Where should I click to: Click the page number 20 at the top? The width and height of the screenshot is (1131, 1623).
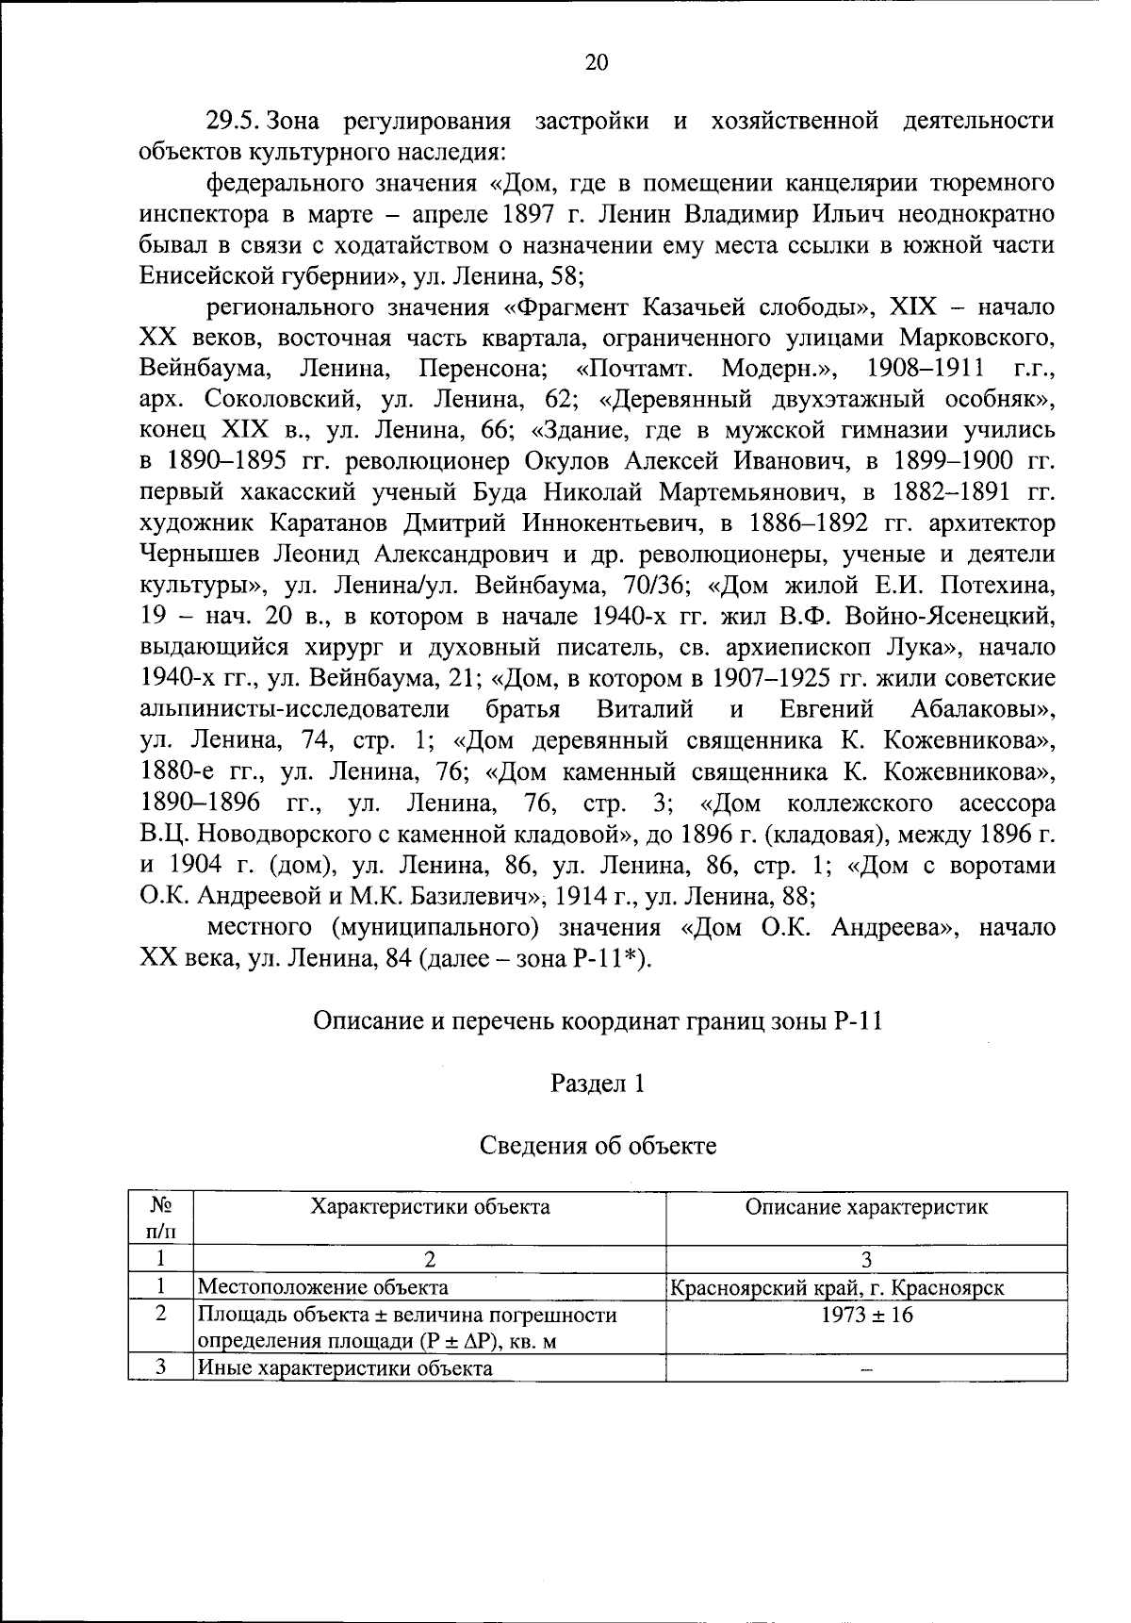pyautogui.click(x=597, y=62)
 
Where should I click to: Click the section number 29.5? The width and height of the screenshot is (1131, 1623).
pyautogui.click(x=236, y=121)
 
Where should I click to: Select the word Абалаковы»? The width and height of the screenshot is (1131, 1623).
pyautogui.click(x=982, y=709)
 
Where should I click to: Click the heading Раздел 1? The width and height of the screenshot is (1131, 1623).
pyautogui.click(x=597, y=1084)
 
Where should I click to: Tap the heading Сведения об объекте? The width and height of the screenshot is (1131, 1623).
pyautogui.click(x=598, y=1146)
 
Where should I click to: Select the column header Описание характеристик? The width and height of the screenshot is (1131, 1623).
pyautogui.click(x=866, y=1207)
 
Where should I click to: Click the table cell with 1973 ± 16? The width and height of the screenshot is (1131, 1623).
pyautogui.click(x=866, y=1315)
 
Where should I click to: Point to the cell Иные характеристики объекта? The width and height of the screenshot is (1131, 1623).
pyautogui.click(x=344, y=1368)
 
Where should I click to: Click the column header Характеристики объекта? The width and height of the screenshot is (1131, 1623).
pyautogui.click(x=430, y=1206)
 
